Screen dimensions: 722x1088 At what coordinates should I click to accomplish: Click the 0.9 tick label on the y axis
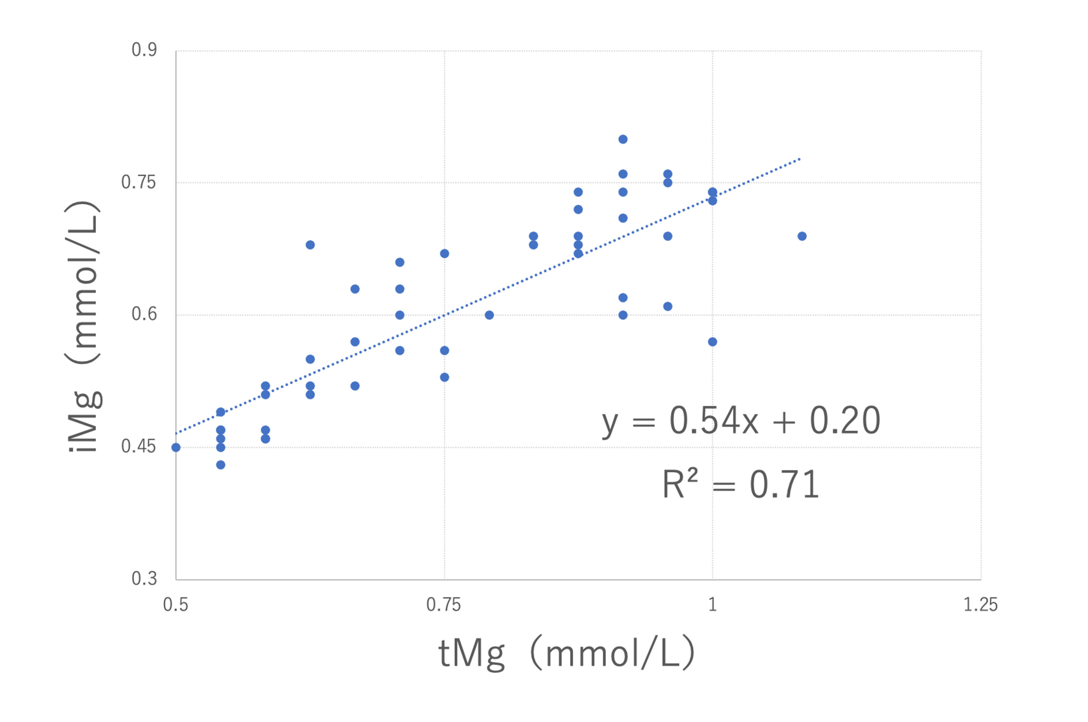coord(144,50)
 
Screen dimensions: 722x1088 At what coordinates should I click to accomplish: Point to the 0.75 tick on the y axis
coord(139,182)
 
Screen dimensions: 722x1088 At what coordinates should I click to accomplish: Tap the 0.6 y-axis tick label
coord(144,314)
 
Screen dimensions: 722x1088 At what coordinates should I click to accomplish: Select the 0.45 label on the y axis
coord(139,446)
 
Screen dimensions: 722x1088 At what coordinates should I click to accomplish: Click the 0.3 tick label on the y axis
coord(144,578)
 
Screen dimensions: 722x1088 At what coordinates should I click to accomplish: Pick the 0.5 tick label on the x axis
coord(176,604)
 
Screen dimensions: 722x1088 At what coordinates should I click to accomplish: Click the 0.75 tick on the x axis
coord(444,604)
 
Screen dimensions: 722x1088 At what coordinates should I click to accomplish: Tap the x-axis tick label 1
coord(712,604)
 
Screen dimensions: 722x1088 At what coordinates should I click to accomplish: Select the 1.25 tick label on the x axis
coord(981,604)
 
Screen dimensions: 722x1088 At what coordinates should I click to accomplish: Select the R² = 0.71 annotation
coord(741,484)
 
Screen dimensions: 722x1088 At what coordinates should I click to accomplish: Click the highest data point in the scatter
coord(623,139)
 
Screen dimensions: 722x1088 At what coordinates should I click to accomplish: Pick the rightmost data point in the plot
coord(802,236)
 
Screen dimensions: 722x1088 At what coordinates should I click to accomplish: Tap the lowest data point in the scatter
coord(221,465)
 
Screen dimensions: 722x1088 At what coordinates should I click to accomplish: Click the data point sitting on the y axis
coord(176,447)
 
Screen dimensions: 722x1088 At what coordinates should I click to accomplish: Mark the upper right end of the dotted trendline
coord(800,159)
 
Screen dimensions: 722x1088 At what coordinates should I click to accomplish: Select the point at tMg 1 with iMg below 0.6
coord(712,342)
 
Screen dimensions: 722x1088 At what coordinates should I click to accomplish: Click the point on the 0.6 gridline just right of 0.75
coord(489,315)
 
